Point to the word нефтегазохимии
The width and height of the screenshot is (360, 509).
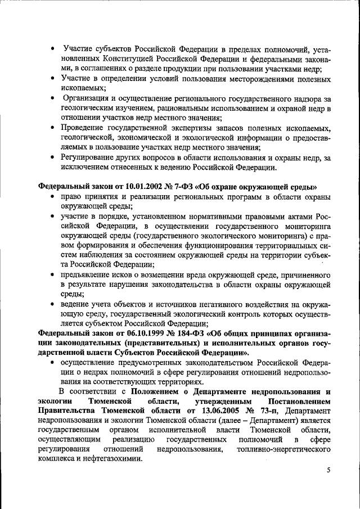[115, 458]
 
